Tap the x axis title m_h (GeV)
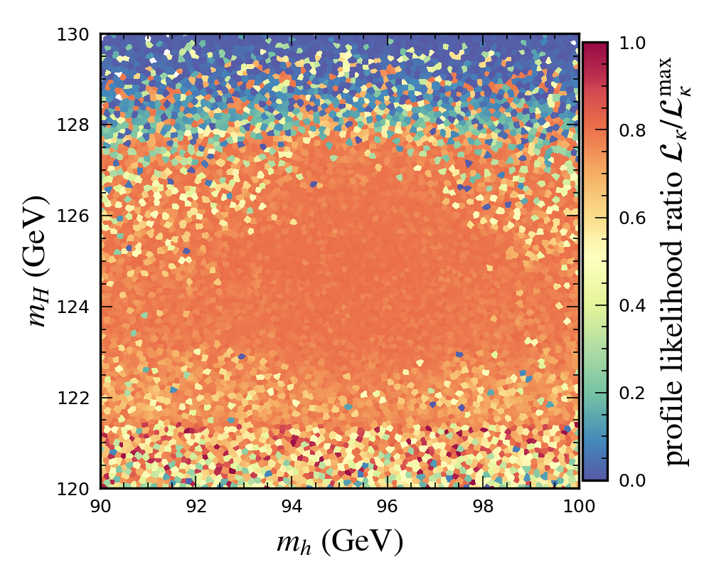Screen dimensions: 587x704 click(340, 543)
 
